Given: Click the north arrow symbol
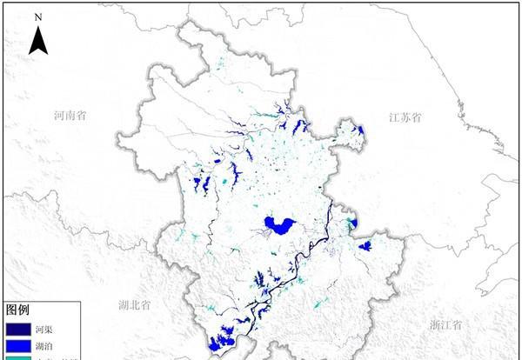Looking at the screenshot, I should (37, 40).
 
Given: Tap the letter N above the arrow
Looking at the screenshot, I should (37, 17).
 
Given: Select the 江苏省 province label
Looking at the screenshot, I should (405, 117).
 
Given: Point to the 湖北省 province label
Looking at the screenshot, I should (135, 305).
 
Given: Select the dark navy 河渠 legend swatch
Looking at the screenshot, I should (18, 330).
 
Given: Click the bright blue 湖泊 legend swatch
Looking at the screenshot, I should (18, 345).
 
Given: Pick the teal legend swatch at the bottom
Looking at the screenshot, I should (18, 357).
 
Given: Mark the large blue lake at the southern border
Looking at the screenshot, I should (224, 335).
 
